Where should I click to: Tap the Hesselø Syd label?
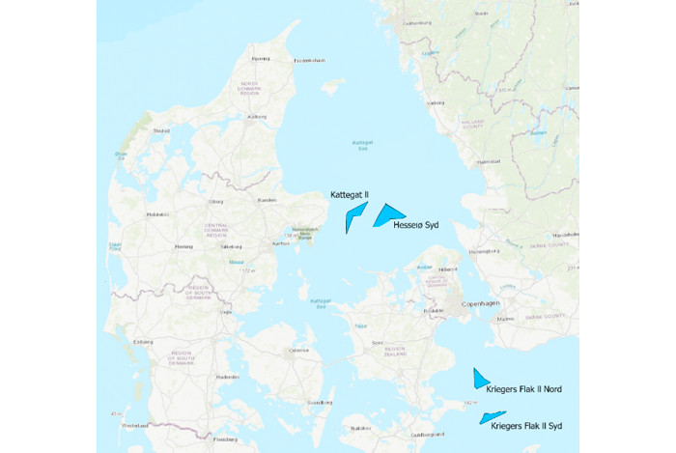[416, 225]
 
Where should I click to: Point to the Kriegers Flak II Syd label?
[526, 425]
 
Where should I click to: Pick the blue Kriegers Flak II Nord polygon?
[479, 377]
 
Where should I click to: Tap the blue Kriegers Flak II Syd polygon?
[491, 417]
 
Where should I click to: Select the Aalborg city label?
[257, 117]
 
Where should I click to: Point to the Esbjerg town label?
[144, 341]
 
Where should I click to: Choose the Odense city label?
[298, 350]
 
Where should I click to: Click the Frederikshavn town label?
[310, 60]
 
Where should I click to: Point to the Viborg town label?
[217, 201]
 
